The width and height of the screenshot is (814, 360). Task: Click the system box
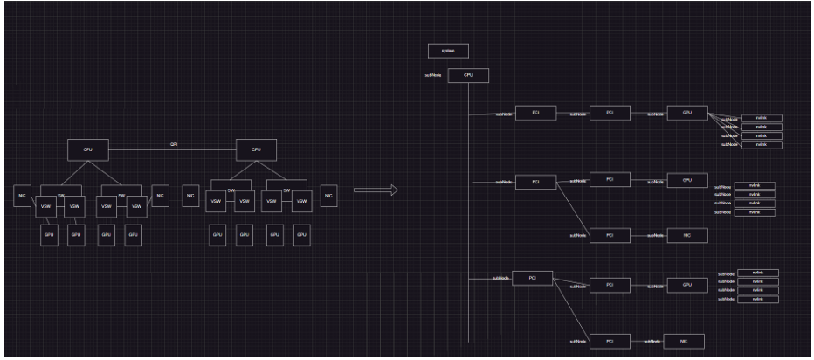coord(448,52)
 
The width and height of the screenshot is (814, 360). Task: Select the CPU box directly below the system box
coord(468,75)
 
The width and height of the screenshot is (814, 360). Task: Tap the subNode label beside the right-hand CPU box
coord(432,76)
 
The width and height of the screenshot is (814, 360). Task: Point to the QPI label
coord(174,144)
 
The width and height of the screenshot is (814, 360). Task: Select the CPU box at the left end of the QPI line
coord(87,150)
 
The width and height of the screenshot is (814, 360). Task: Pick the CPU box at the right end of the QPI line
coord(256,150)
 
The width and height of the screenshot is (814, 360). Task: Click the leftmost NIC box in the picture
coord(22,196)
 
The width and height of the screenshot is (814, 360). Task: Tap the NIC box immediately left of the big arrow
coord(328,196)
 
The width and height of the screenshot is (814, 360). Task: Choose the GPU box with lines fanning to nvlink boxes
coord(687,114)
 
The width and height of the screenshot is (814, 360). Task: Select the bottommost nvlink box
coord(758,300)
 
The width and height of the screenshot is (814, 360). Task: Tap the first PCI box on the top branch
coord(535,114)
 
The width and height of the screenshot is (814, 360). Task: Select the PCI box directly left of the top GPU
coord(610,114)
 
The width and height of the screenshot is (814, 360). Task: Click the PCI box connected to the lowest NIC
coord(610,341)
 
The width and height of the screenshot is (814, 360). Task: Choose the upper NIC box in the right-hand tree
coord(687,235)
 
